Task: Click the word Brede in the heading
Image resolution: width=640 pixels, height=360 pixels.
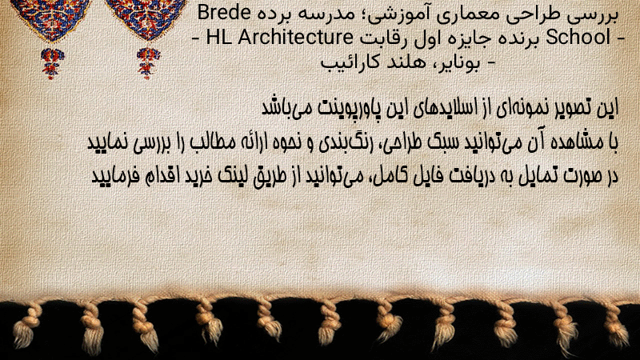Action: pyautogui.click(x=224, y=12)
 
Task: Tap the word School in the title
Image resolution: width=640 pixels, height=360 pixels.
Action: pyautogui.click(x=578, y=37)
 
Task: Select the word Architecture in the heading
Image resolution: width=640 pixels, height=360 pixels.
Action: pyautogui.click(x=295, y=37)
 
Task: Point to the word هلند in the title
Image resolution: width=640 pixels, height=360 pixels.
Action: pyautogui.click(x=406, y=62)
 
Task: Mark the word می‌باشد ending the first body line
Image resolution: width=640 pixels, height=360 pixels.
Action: pyautogui.click(x=286, y=108)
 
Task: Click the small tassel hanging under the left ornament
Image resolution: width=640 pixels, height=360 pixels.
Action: pyautogui.click(x=52, y=63)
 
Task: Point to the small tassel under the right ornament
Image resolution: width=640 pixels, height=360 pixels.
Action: pyautogui.click(x=148, y=62)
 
